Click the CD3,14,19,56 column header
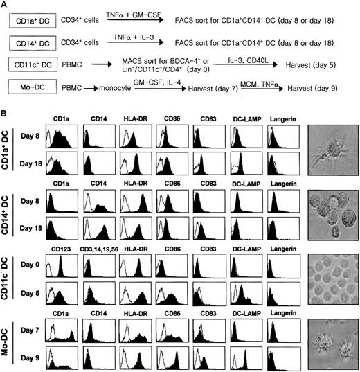click(101, 243)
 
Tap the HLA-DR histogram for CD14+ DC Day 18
click(137, 227)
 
